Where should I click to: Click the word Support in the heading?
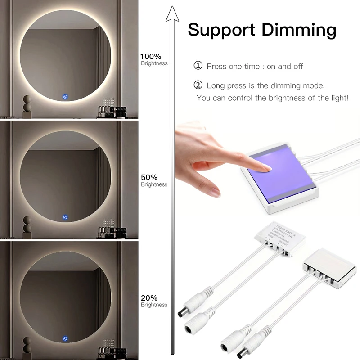click(x=221, y=30)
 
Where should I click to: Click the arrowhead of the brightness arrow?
click(x=172, y=14)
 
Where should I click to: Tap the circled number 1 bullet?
click(x=198, y=66)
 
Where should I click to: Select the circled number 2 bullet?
click(x=198, y=85)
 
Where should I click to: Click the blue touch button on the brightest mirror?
click(x=66, y=97)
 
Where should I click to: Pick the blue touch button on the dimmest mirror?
click(x=66, y=337)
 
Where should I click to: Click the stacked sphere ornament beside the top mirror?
click(x=27, y=103)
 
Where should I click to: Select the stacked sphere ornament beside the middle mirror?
click(x=27, y=224)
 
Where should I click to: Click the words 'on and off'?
click(x=285, y=67)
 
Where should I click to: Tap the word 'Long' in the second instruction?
click(x=216, y=85)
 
